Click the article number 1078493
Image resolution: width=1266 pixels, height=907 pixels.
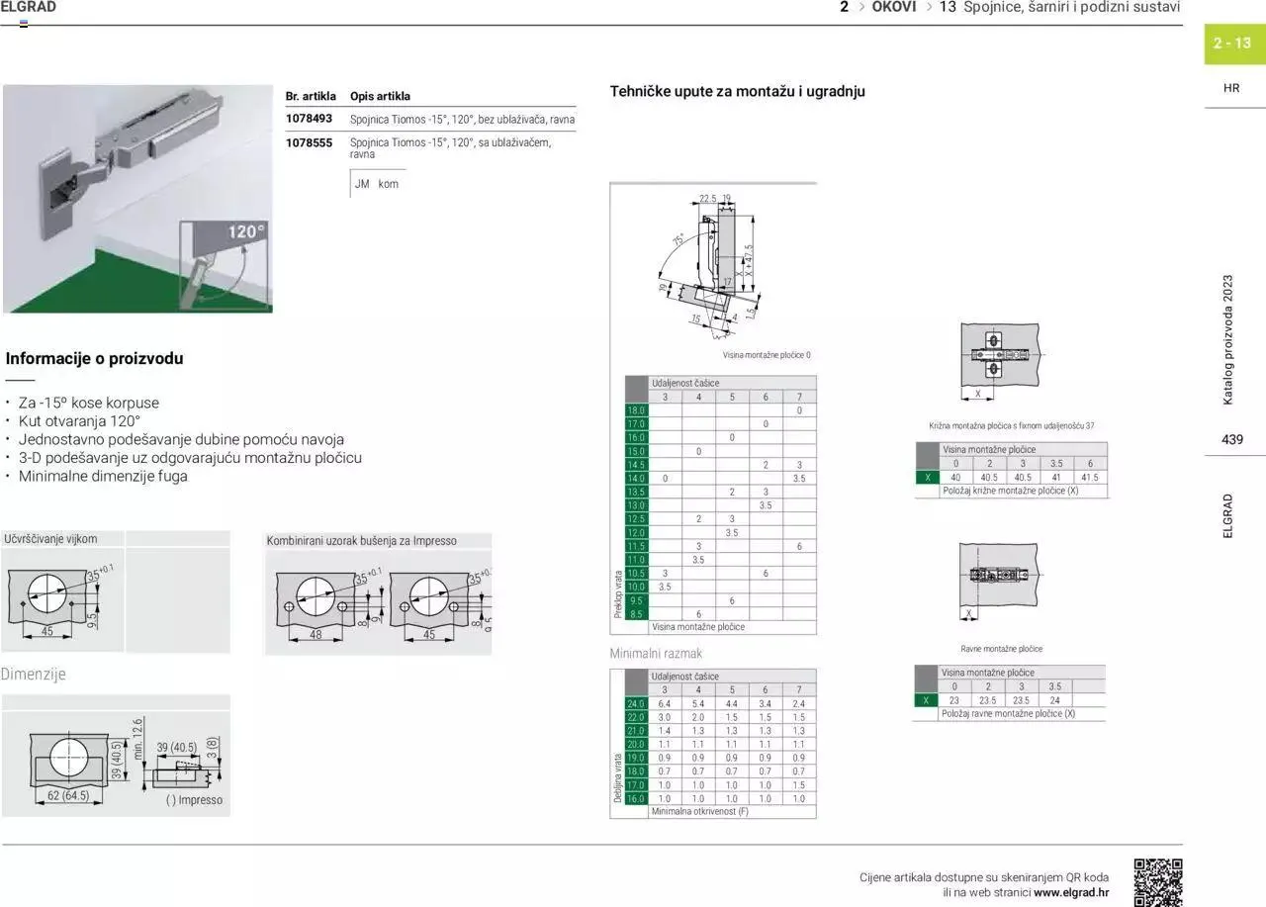(x=309, y=119)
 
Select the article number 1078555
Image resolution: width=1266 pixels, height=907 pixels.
(x=309, y=142)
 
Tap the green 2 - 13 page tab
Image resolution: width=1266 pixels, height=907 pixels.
(x=1233, y=44)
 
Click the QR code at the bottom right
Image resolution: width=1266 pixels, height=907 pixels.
(x=1157, y=882)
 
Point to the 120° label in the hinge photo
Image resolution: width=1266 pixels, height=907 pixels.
(x=246, y=232)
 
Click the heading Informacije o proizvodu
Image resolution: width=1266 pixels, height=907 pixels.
(x=94, y=359)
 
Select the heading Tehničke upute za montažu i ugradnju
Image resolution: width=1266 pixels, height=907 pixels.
(x=737, y=91)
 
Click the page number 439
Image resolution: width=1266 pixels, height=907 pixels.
(x=1231, y=440)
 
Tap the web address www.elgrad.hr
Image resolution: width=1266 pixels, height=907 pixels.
(x=1071, y=892)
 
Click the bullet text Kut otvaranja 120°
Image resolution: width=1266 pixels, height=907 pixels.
(x=79, y=421)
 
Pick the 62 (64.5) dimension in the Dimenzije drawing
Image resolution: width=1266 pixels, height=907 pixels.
(x=67, y=795)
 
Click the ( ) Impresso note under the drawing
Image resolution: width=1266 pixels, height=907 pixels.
(x=195, y=800)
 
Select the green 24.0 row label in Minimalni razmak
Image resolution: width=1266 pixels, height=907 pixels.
(x=635, y=703)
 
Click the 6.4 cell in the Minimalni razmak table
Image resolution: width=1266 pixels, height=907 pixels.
(x=665, y=703)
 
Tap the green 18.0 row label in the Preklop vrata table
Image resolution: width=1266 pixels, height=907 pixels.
(x=635, y=409)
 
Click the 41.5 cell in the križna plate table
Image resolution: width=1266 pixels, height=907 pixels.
(x=1090, y=477)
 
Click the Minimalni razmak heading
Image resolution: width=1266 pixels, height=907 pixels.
(x=656, y=654)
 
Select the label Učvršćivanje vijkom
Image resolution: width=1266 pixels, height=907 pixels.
(x=50, y=539)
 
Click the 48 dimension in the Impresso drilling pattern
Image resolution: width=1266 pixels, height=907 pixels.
(x=316, y=635)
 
